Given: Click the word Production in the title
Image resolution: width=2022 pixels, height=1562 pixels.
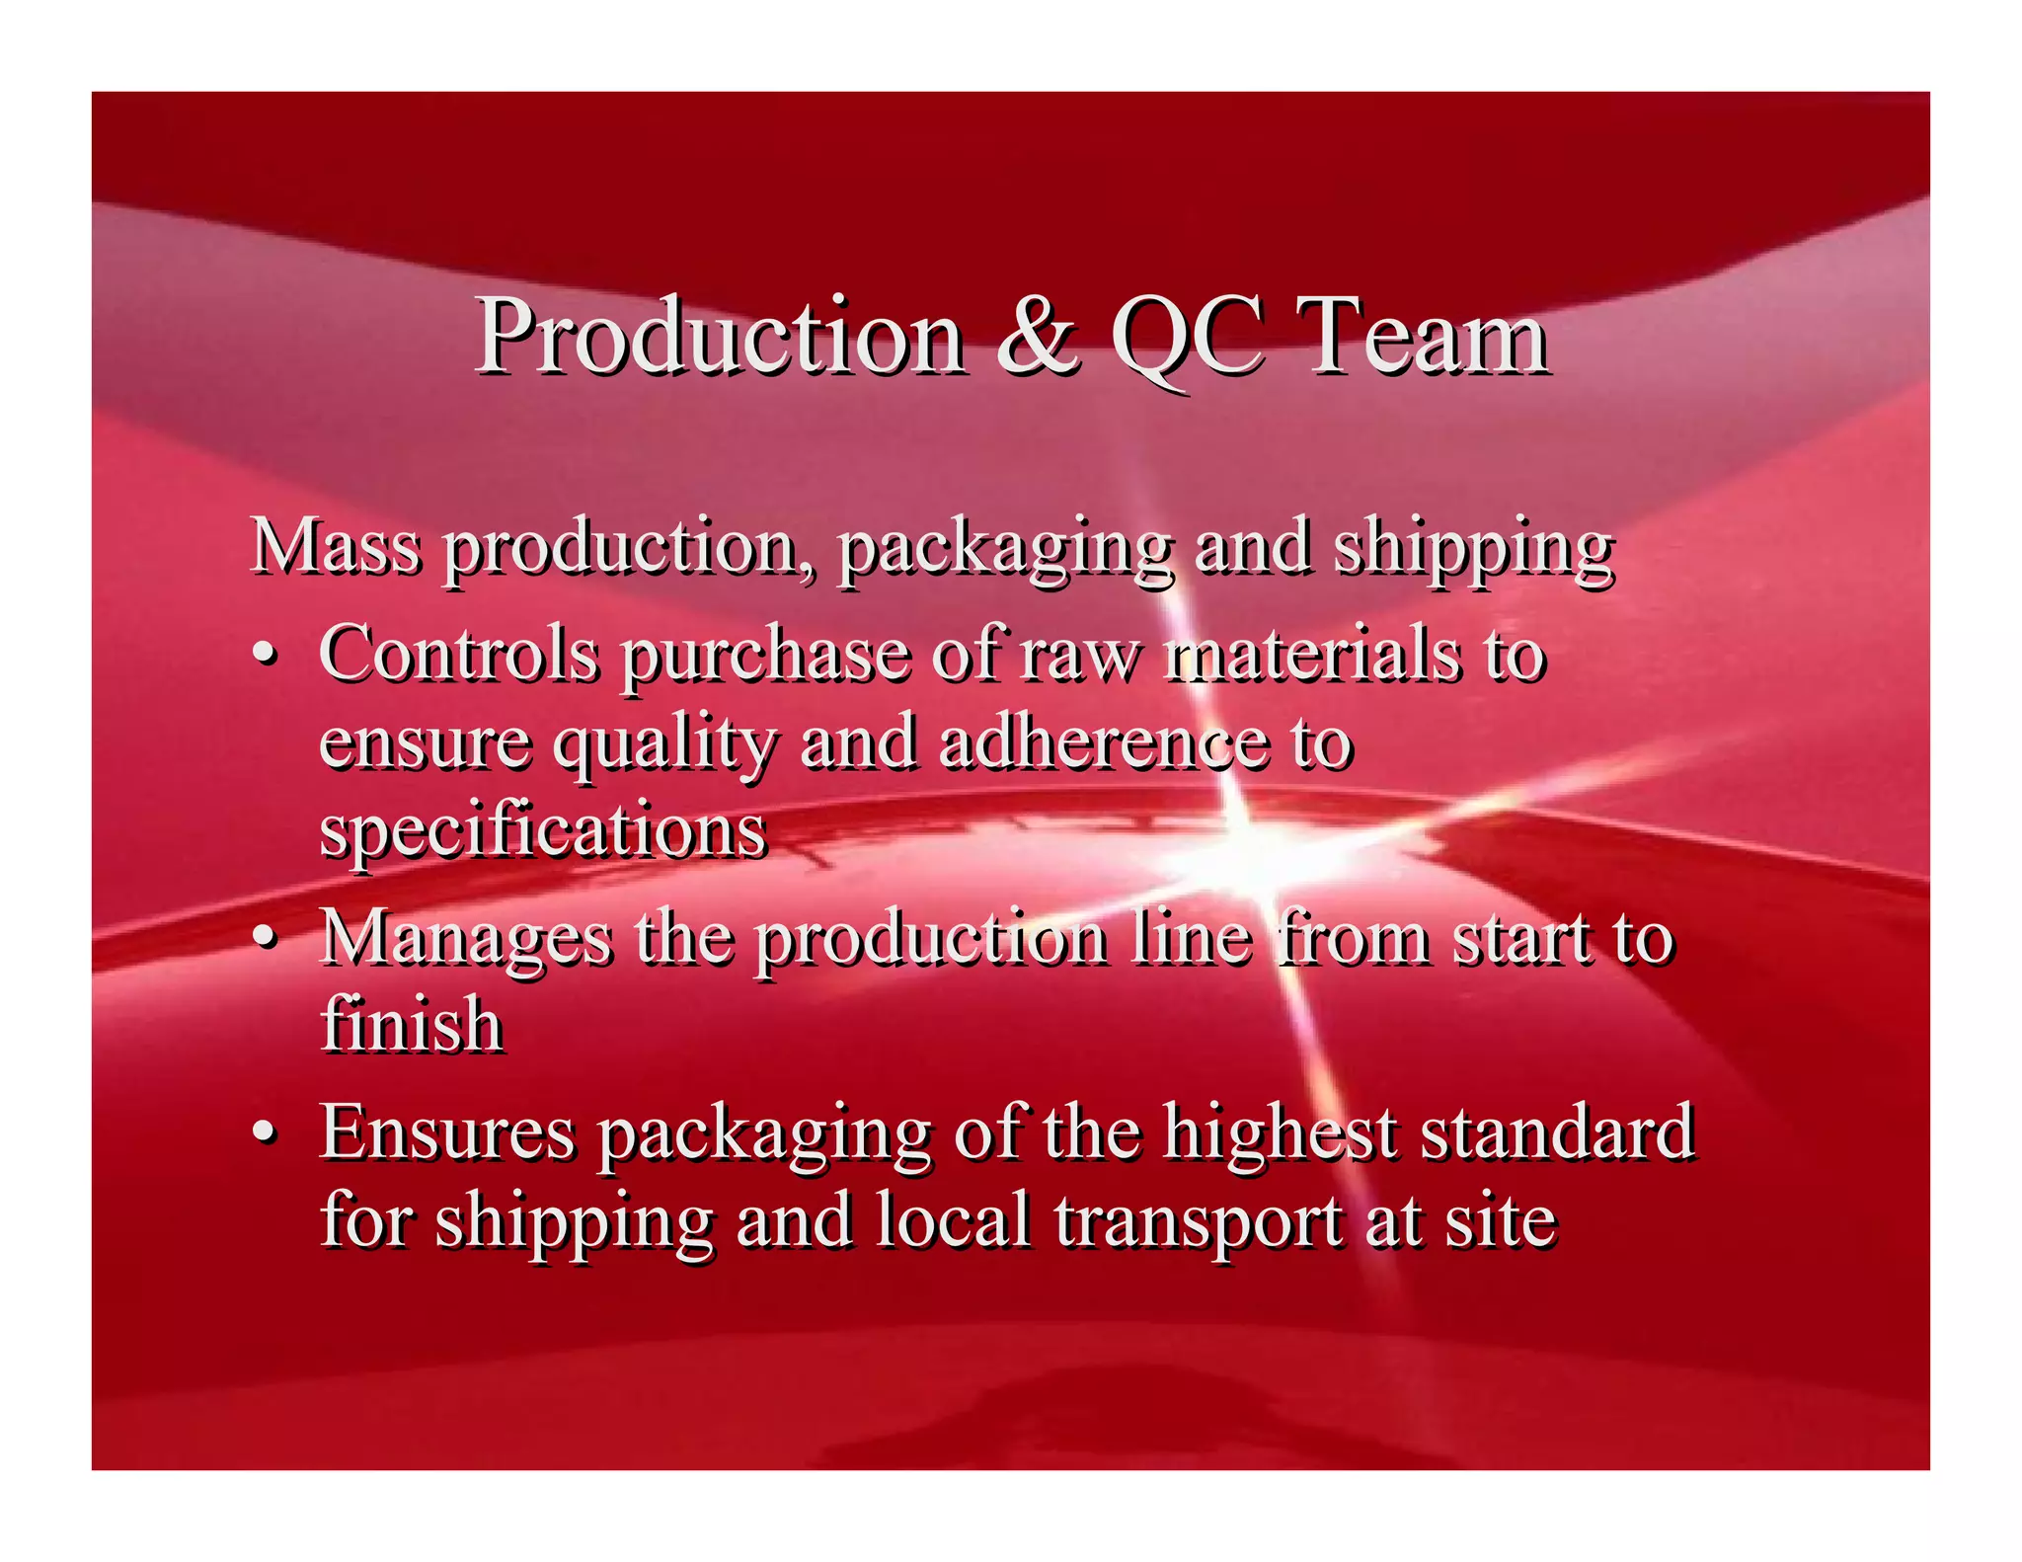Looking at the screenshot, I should (721, 338).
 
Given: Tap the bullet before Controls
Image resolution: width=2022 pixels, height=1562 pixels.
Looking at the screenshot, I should (263, 657).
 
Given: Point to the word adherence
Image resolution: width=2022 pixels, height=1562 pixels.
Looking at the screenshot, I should (1104, 742).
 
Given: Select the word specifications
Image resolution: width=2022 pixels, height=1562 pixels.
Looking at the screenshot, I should (543, 831).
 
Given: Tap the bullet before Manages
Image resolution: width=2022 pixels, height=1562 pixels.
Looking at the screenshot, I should (263, 938).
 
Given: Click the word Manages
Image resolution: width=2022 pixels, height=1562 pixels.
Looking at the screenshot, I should (467, 938).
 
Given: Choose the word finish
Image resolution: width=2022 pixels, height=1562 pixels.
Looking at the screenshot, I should (413, 1024).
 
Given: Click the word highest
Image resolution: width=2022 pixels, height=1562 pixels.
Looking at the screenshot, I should (1280, 1132).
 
